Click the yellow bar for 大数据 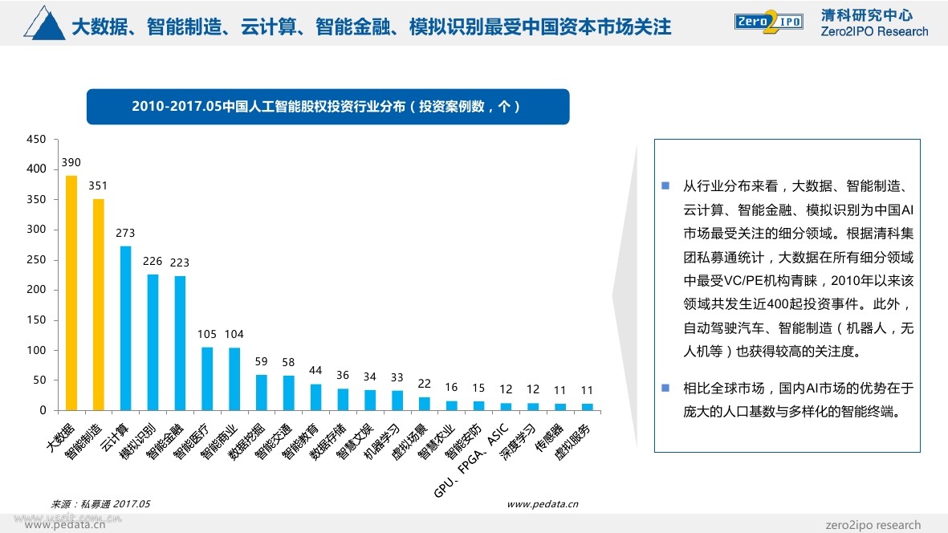[x=71, y=293]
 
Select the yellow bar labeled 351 [x=99, y=305]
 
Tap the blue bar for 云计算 [x=126, y=328]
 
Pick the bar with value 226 [x=153, y=343]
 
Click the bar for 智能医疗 [x=207, y=379]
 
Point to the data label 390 [x=71, y=163]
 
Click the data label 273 [x=126, y=234]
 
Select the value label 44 [x=315, y=371]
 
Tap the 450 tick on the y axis [x=36, y=139]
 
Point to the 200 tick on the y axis [x=36, y=290]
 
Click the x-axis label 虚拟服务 [x=572, y=440]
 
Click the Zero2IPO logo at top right [x=767, y=22]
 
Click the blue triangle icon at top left [x=45, y=24]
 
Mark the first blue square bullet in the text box [x=665, y=186]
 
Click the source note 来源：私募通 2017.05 [x=100, y=504]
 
